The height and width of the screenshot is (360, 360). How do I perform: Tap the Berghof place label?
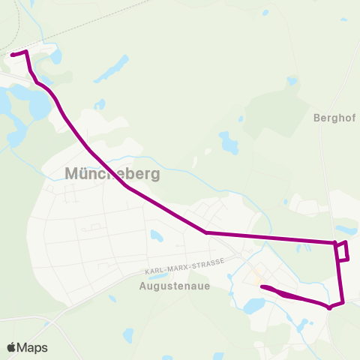[334, 118]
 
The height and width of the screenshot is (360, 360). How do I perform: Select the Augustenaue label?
[175, 285]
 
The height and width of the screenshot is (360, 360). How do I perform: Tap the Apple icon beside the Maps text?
[11, 347]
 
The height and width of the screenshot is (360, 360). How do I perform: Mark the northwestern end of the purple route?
[13, 54]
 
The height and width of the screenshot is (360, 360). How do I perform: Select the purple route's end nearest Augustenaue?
[262, 287]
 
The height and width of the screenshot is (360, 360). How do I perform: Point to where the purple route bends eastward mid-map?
[205, 232]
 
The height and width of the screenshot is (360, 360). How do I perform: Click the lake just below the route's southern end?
[253, 305]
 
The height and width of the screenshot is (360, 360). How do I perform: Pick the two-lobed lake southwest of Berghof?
[228, 142]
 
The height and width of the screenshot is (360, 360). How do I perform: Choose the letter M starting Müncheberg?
[72, 174]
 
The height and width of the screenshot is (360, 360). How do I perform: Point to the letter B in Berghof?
[316, 118]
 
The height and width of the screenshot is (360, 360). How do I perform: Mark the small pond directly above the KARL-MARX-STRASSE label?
[156, 236]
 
